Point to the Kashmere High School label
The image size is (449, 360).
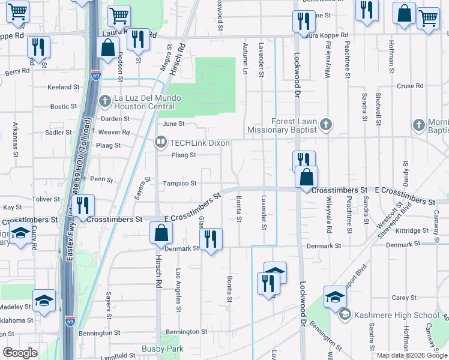tap(396, 315)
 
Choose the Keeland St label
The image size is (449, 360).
tap(64, 87)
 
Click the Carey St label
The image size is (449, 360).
tap(404, 298)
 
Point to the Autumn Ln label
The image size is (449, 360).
tap(245, 58)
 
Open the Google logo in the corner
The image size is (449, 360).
tap(20, 353)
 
